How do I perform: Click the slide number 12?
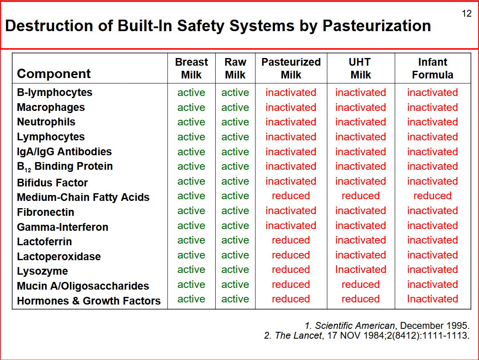click(467, 14)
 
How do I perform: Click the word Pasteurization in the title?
click(377, 26)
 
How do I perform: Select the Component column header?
click(54, 74)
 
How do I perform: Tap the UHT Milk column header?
click(361, 68)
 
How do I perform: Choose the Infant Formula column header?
click(433, 68)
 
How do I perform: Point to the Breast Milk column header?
click(191, 68)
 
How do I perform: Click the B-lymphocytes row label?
click(55, 93)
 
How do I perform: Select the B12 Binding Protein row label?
click(65, 167)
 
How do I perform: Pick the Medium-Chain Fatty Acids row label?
click(83, 197)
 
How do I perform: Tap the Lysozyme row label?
click(43, 271)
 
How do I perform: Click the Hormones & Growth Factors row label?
click(89, 301)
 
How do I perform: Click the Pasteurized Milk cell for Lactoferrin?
click(291, 240)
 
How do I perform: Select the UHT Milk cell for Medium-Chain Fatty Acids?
click(361, 196)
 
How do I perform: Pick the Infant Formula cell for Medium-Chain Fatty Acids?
click(433, 196)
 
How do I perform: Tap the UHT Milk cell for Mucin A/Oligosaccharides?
click(361, 285)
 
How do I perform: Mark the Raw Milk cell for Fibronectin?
click(235, 211)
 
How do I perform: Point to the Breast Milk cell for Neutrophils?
click(191, 122)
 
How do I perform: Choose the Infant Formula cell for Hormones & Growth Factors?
click(433, 299)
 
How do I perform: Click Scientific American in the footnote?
click(355, 325)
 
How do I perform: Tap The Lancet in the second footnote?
click(298, 336)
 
